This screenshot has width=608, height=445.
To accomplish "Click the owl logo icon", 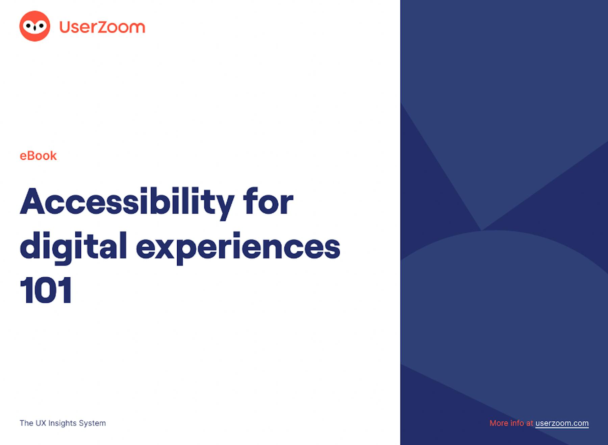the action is coord(35,26).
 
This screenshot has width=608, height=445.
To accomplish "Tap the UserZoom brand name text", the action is coord(102,27).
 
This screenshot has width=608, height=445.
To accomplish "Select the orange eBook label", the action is coord(38,156).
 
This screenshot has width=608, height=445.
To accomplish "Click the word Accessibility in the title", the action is coord(127,202).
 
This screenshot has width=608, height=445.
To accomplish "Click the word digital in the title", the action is coord(73,247).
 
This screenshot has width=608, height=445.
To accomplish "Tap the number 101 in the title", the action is coord(46,290).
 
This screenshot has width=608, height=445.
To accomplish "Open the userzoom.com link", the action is coord(562,423).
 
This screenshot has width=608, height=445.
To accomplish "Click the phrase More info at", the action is coord(511,423).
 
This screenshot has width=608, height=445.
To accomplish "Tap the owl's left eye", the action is coord(29,26).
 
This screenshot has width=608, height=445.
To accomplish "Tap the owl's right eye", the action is coord(41,26).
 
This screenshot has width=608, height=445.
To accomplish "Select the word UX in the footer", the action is coord(41,423).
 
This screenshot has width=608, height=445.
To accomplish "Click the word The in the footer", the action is coord(26,423).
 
